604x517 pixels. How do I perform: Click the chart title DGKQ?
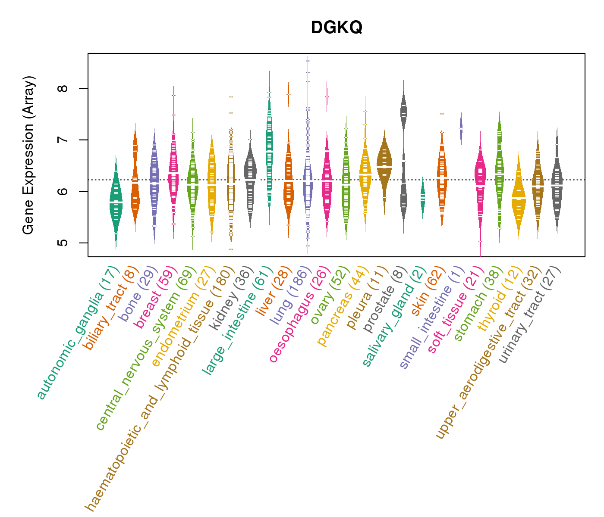[x=337, y=28]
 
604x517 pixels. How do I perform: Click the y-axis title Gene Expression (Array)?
[x=28, y=155]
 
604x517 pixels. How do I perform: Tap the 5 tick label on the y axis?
[x=63, y=243]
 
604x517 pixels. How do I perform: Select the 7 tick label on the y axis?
[x=63, y=140]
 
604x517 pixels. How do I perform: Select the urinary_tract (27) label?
[x=530, y=315]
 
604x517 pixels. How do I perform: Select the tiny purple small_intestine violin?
[x=461, y=128]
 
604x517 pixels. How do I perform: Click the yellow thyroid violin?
[x=518, y=198]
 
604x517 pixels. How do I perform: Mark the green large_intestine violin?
[x=269, y=142]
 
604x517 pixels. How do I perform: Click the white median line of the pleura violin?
[x=384, y=166]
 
